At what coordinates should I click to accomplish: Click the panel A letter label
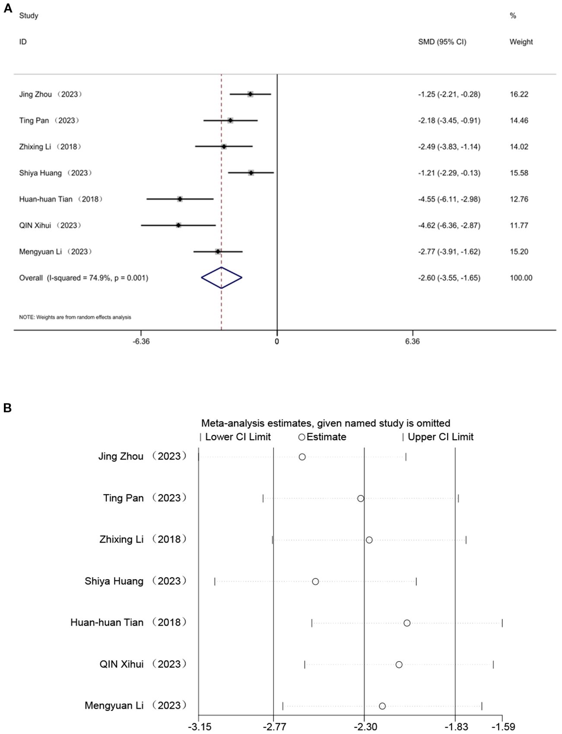(8, 9)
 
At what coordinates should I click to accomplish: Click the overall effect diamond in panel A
(222, 278)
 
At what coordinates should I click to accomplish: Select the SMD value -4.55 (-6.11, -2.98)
(449, 199)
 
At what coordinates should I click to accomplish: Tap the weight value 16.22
(519, 95)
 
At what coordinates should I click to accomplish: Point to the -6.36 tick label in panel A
(141, 342)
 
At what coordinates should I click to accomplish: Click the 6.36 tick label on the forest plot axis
(413, 342)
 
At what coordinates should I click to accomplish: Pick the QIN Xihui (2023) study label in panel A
(50, 226)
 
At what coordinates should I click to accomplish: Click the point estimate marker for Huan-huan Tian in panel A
(180, 199)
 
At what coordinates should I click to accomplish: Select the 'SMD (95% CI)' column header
(442, 42)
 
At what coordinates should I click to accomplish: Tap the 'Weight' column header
(521, 42)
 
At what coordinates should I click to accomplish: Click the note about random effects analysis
(75, 317)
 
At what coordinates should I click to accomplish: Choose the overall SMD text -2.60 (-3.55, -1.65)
(449, 278)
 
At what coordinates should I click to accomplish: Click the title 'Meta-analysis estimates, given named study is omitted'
(326, 423)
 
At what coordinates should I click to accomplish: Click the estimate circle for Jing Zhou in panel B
(302, 457)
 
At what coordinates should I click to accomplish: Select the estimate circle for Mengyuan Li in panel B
(382, 706)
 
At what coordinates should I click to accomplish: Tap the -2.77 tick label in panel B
(274, 727)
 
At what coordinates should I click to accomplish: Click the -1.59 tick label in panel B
(503, 727)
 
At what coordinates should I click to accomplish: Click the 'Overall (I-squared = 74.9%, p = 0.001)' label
(83, 278)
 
